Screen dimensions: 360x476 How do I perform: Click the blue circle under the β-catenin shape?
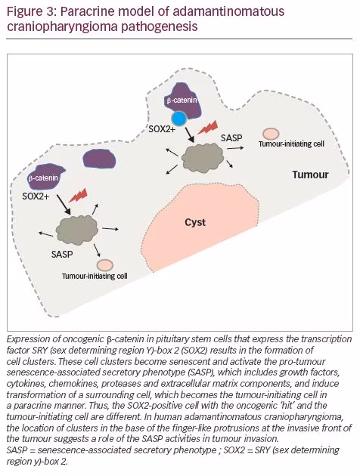click(179, 119)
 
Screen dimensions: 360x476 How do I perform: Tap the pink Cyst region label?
click(195, 222)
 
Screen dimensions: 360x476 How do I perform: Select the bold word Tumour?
click(311, 175)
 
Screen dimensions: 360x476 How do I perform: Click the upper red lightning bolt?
click(208, 127)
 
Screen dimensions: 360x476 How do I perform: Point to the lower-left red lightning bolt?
click(78, 195)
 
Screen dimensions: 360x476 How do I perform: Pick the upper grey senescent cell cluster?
click(203, 158)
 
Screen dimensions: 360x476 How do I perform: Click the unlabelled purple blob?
click(99, 159)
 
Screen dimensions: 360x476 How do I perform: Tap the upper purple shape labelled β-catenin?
click(182, 101)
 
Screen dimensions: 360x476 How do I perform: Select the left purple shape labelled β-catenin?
click(43, 177)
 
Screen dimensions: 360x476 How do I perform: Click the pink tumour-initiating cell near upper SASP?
click(271, 134)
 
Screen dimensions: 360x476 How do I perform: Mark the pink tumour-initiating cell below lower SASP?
click(105, 265)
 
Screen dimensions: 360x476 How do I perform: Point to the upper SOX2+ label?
click(162, 128)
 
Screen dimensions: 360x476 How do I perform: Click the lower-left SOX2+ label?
click(36, 196)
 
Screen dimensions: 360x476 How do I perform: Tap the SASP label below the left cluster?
click(62, 254)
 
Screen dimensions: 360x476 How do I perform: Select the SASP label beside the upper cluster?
click(231, 138)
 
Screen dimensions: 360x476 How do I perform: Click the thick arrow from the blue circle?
click(189, 134)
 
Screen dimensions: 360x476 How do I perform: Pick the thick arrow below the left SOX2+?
click(64, 205)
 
